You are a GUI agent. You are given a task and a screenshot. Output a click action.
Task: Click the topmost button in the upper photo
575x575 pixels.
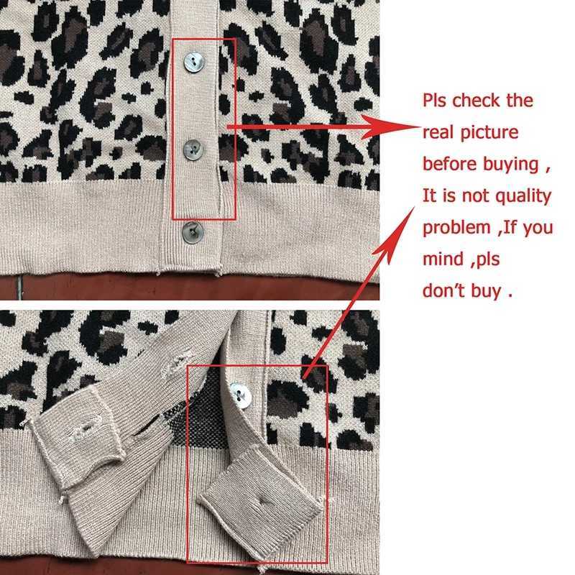193,62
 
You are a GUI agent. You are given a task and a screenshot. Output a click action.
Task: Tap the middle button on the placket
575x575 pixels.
193,149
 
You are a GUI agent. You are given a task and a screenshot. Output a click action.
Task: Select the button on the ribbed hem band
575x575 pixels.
193,232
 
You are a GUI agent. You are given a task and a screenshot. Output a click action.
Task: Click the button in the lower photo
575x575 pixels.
241,395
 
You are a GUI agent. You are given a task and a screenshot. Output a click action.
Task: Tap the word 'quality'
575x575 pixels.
523,196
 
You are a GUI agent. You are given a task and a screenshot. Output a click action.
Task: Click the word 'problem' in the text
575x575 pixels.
456,228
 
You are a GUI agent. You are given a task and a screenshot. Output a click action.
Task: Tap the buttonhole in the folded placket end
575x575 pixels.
262,501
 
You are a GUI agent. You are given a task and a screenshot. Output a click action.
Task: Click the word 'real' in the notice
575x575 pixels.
438,133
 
